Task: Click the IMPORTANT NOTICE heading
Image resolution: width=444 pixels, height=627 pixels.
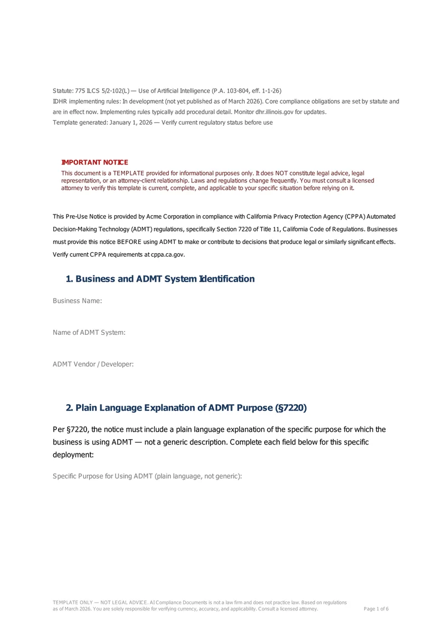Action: (x=94, y=162)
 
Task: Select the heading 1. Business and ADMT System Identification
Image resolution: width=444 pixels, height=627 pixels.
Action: (x=160, y=279)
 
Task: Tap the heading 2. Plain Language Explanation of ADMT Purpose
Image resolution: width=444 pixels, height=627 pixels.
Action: (x=186, y=408)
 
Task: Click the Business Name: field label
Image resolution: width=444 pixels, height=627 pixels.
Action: (x=77, y=300)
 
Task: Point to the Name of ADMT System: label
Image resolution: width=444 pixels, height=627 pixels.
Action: (x=89, y=333)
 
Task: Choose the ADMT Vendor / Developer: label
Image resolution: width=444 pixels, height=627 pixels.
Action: (x=93, y=364)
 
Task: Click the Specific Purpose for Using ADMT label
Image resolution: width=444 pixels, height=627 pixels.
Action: (x=147, y=476)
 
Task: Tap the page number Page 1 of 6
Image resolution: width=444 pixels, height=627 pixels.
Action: (x=376, y=609)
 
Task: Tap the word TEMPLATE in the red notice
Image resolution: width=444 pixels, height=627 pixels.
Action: (x=128, y=174)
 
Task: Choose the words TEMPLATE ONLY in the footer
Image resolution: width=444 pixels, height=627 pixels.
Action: (x=73, y=602)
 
